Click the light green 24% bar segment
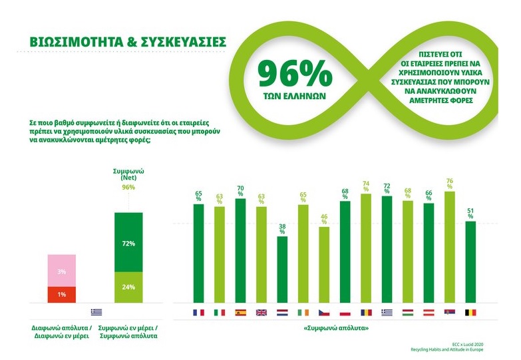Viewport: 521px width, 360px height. [x=129, y=287]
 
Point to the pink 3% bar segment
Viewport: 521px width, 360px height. [x=61, y=271]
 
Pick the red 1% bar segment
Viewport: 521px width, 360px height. [x=61, y=294]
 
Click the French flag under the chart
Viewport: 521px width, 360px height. [x=198, y=313]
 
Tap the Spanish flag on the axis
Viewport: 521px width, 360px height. [x=240, y=313]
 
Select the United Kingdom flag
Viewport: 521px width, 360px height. [x=261, y=313]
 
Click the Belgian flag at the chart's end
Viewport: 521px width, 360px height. [x=470, y=313]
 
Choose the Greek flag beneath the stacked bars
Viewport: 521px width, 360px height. [x=96, y=312]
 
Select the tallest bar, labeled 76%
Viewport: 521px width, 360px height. [x=449, y=246]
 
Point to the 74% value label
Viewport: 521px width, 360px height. [x=365, y=186]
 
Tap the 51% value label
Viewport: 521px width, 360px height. [x=470, y=214]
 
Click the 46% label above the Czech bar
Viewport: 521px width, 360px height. [x=324, y=220]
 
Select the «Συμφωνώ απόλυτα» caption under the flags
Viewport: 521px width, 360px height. [x=333, y=329]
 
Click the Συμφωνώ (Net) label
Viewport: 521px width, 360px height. [x=129, y=175]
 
